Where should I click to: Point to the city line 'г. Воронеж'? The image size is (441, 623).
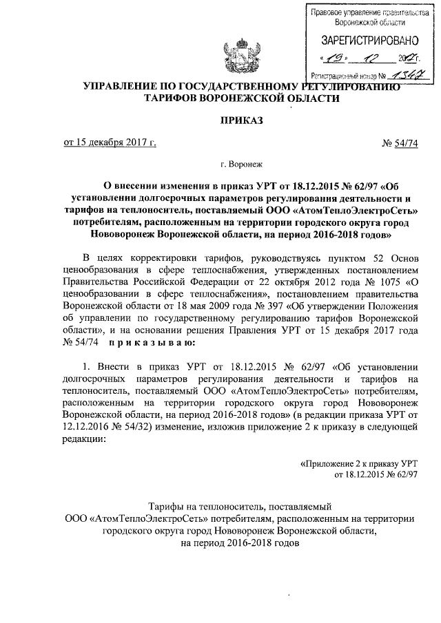coord(238,165)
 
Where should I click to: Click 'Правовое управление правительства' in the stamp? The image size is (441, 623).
coord(365,13)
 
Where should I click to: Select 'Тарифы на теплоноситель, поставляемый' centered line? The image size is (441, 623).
coord(241,506)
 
